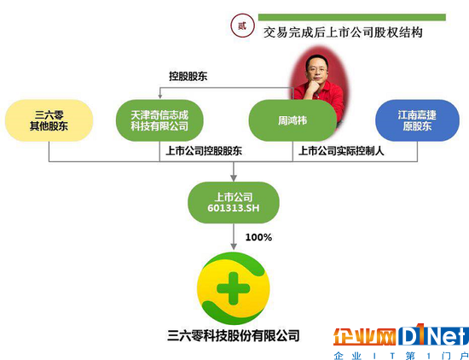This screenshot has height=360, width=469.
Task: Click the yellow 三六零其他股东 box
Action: [49, 120]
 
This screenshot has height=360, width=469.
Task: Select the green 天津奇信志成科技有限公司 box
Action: [159, 120]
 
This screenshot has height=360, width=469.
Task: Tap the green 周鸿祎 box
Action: [292, 120]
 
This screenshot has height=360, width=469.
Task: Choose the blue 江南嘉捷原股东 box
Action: [417, 120]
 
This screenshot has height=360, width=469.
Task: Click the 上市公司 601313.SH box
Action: [234, 202]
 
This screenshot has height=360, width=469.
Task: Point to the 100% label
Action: [258, 237]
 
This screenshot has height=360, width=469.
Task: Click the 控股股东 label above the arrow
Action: [188, 76]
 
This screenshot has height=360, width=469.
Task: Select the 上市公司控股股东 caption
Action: [204, 151]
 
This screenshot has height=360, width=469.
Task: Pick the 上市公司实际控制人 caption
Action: [341, 151]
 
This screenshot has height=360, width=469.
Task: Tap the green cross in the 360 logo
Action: [234, 289]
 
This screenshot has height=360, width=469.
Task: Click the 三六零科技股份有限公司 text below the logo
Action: [234, 335]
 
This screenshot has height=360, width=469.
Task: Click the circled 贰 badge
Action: [242, 26]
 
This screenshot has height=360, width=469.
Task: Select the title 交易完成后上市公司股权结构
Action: [343, 32]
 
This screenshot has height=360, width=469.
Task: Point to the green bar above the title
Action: [352, 17]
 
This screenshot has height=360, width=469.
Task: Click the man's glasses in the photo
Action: [317, 69]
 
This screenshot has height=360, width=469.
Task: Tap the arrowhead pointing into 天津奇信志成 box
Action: [160, 96]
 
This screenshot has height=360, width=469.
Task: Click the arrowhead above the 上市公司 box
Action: [234, 177]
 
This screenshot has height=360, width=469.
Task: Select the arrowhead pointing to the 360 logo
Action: [234, 246]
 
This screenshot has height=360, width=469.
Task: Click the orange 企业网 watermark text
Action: [365, 336]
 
